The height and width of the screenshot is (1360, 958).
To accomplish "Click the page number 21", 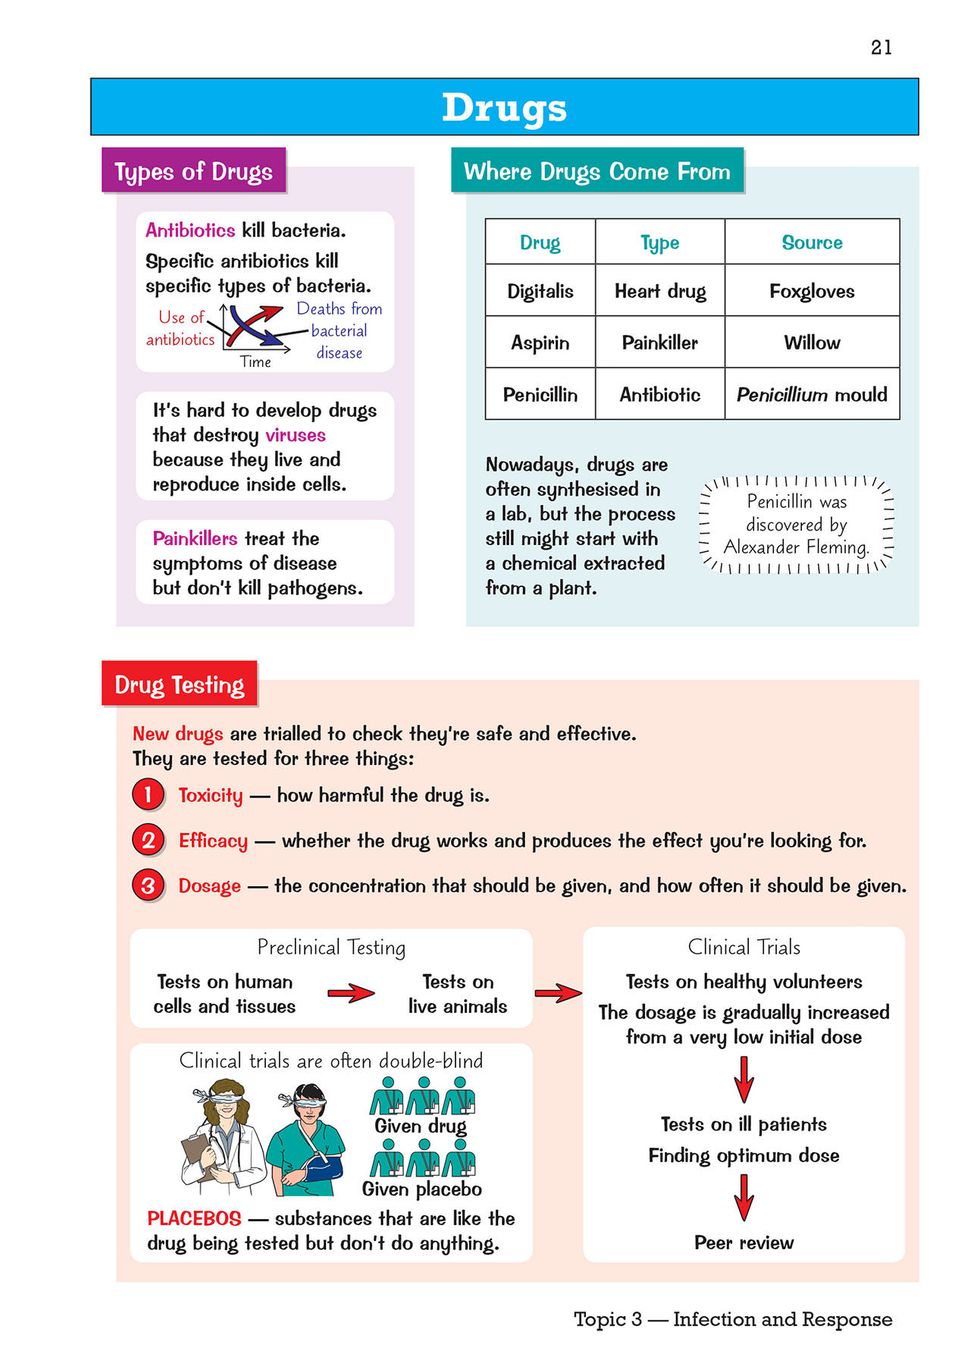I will [881, 47].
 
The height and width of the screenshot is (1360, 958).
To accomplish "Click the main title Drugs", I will [504, 108].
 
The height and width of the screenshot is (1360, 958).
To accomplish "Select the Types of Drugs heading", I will [193, 171].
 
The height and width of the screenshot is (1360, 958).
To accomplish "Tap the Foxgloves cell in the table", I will [811, 291].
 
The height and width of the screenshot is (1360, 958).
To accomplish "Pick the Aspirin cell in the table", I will [540, 342].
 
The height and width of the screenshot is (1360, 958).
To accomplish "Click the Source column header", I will [811, 242].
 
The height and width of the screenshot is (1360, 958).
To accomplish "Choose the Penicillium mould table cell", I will [811, 394].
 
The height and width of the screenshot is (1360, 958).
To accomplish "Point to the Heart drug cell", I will [660, 291].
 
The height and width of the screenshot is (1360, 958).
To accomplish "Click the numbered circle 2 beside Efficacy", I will [148, 840].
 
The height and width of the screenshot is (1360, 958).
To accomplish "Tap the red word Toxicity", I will [210, 795].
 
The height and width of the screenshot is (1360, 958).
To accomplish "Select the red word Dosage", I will [209, 885].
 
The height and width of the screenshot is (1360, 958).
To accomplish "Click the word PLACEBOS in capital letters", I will [194, 1218].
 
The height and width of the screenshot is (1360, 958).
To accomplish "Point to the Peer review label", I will [743, 1242].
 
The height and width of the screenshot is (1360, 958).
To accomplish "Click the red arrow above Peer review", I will [743, 1196].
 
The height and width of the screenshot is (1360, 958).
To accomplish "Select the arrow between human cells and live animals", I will [351, 993].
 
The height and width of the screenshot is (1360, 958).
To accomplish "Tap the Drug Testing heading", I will [179, 685].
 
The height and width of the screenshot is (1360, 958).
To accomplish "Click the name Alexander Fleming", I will [796, 547].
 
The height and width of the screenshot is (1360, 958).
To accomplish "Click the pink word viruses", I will [295, 435].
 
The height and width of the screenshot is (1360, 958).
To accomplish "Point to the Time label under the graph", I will [256, 362].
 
